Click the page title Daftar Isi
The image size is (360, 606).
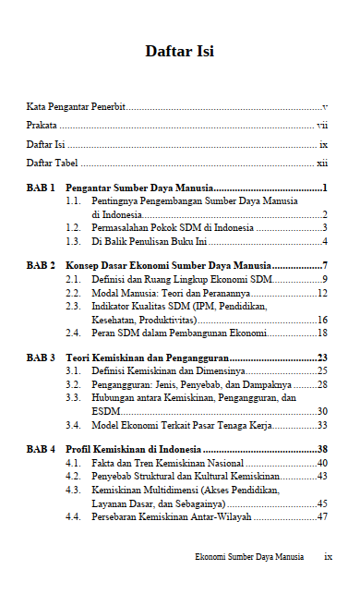point(179,52)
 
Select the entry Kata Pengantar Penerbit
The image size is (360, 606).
point(76,107)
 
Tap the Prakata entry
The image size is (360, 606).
point(42,126)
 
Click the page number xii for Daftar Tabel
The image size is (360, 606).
point(322,163)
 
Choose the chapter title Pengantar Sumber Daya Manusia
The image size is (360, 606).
point(140,188)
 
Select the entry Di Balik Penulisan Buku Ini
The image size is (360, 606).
point(149,242)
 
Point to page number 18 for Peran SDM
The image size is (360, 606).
point(323,332)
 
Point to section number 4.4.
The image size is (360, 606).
point(74,516)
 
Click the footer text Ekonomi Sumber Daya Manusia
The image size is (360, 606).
point(249,558)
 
